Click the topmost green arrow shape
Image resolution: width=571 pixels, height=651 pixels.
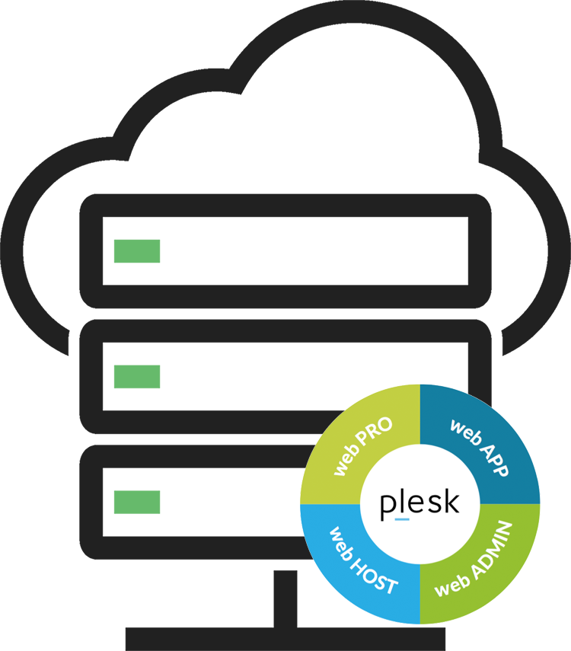(148, 251)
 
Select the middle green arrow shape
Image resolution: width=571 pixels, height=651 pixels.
(148, 376)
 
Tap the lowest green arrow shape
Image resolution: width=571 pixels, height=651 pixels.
(148, 502)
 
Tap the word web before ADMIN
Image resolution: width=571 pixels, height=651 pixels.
(452, 585)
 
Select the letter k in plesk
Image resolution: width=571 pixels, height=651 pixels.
(451, 502)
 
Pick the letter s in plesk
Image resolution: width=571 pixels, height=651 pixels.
(434, 504)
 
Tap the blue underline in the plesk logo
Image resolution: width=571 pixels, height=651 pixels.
(402, 519)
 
